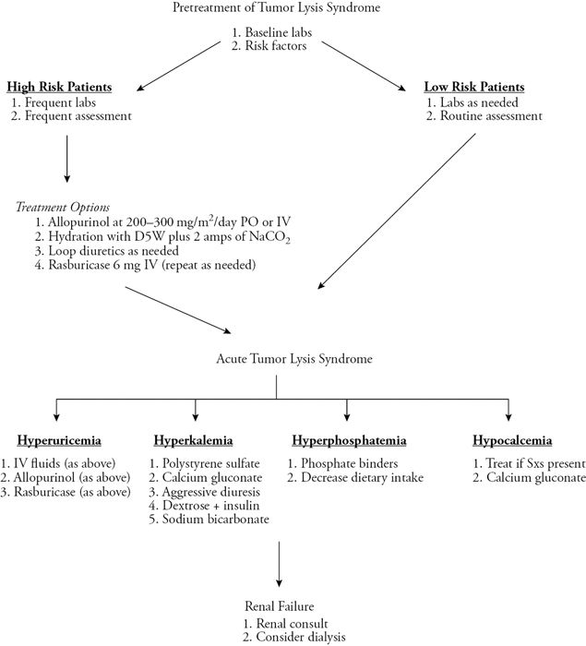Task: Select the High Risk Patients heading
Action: (59, 87)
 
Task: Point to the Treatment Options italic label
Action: (63, 208)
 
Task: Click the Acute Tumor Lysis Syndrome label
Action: (276, 357)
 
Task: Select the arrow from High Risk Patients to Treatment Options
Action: (66, 160)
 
